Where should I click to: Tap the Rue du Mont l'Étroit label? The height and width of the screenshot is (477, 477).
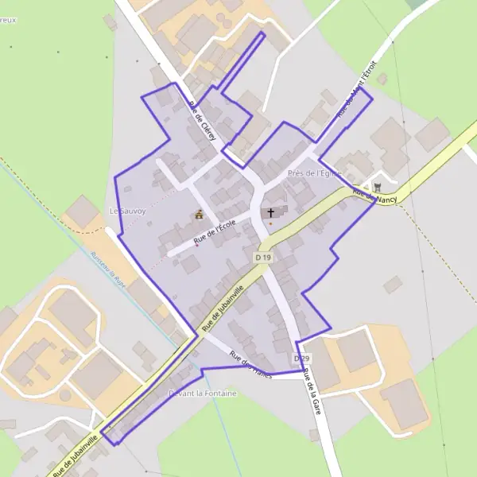click(x=355, y=89)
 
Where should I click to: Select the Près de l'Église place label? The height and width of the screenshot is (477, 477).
click(x=315, y=173)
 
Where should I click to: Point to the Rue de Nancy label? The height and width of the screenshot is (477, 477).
click(x=374, y=195)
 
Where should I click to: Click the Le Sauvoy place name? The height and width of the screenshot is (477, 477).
click(x=124, y=211)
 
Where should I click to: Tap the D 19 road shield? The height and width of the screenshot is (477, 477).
click(x=264, y=258)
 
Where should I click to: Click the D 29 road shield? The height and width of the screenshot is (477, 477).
click(x=301, y=359)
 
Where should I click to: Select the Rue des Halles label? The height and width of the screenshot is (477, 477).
click(x=250, y=365)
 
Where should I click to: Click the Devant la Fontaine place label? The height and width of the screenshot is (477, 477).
click(x=202, y=393)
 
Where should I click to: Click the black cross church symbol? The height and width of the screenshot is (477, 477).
click(x=271, y=212)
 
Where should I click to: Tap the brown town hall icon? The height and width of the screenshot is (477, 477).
click(x=198, y=215)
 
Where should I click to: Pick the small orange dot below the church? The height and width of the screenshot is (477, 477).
click(x=270, y=223)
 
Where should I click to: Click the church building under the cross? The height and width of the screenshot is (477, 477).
click(x=267, y=213)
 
